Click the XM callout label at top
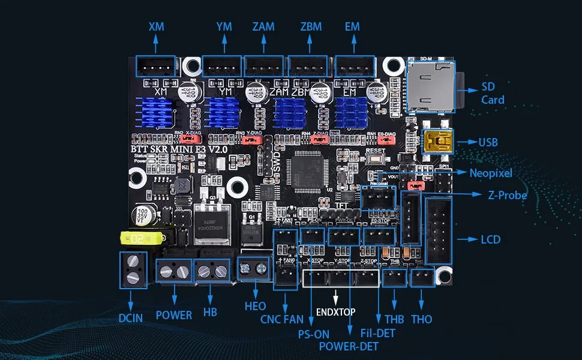[x=156, y=26]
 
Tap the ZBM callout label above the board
[x=311, y=26]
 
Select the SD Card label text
[x=493, y=93]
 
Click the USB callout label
[x=488, y=143]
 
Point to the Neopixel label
[x=491, y=173]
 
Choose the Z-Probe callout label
[x=508, y=195]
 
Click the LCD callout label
[x=490, y=239]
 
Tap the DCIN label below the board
[x=131, y=317]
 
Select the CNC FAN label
[x=282, y=319]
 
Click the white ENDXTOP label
[x=335, y=312]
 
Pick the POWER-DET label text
[x=348, y=346]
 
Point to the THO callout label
[x=422, y=319]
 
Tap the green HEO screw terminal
[x=253, y=269]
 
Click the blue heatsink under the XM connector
[x=156, y=112]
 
